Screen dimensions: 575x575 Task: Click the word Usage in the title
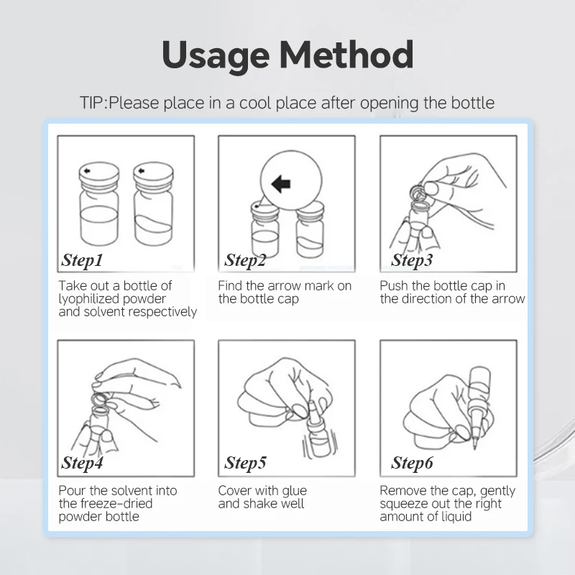point(216,56)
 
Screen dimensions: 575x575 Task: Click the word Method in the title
point(346,55)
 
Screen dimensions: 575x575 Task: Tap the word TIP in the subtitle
point(93,103)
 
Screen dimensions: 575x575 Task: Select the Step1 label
point(82,260)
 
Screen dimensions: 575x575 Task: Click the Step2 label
point(245,260)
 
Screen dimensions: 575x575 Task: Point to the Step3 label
point(412,260)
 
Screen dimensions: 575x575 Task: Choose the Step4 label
point(82,463)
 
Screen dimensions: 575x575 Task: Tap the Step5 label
point(245,463)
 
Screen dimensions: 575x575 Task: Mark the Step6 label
point(412,463)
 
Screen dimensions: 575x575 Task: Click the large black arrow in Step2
point(281,183)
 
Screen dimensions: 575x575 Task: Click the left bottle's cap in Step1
point(99,175)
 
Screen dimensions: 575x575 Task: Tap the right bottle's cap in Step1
point(153,175)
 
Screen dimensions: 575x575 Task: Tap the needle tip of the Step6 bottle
point(475,448)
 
